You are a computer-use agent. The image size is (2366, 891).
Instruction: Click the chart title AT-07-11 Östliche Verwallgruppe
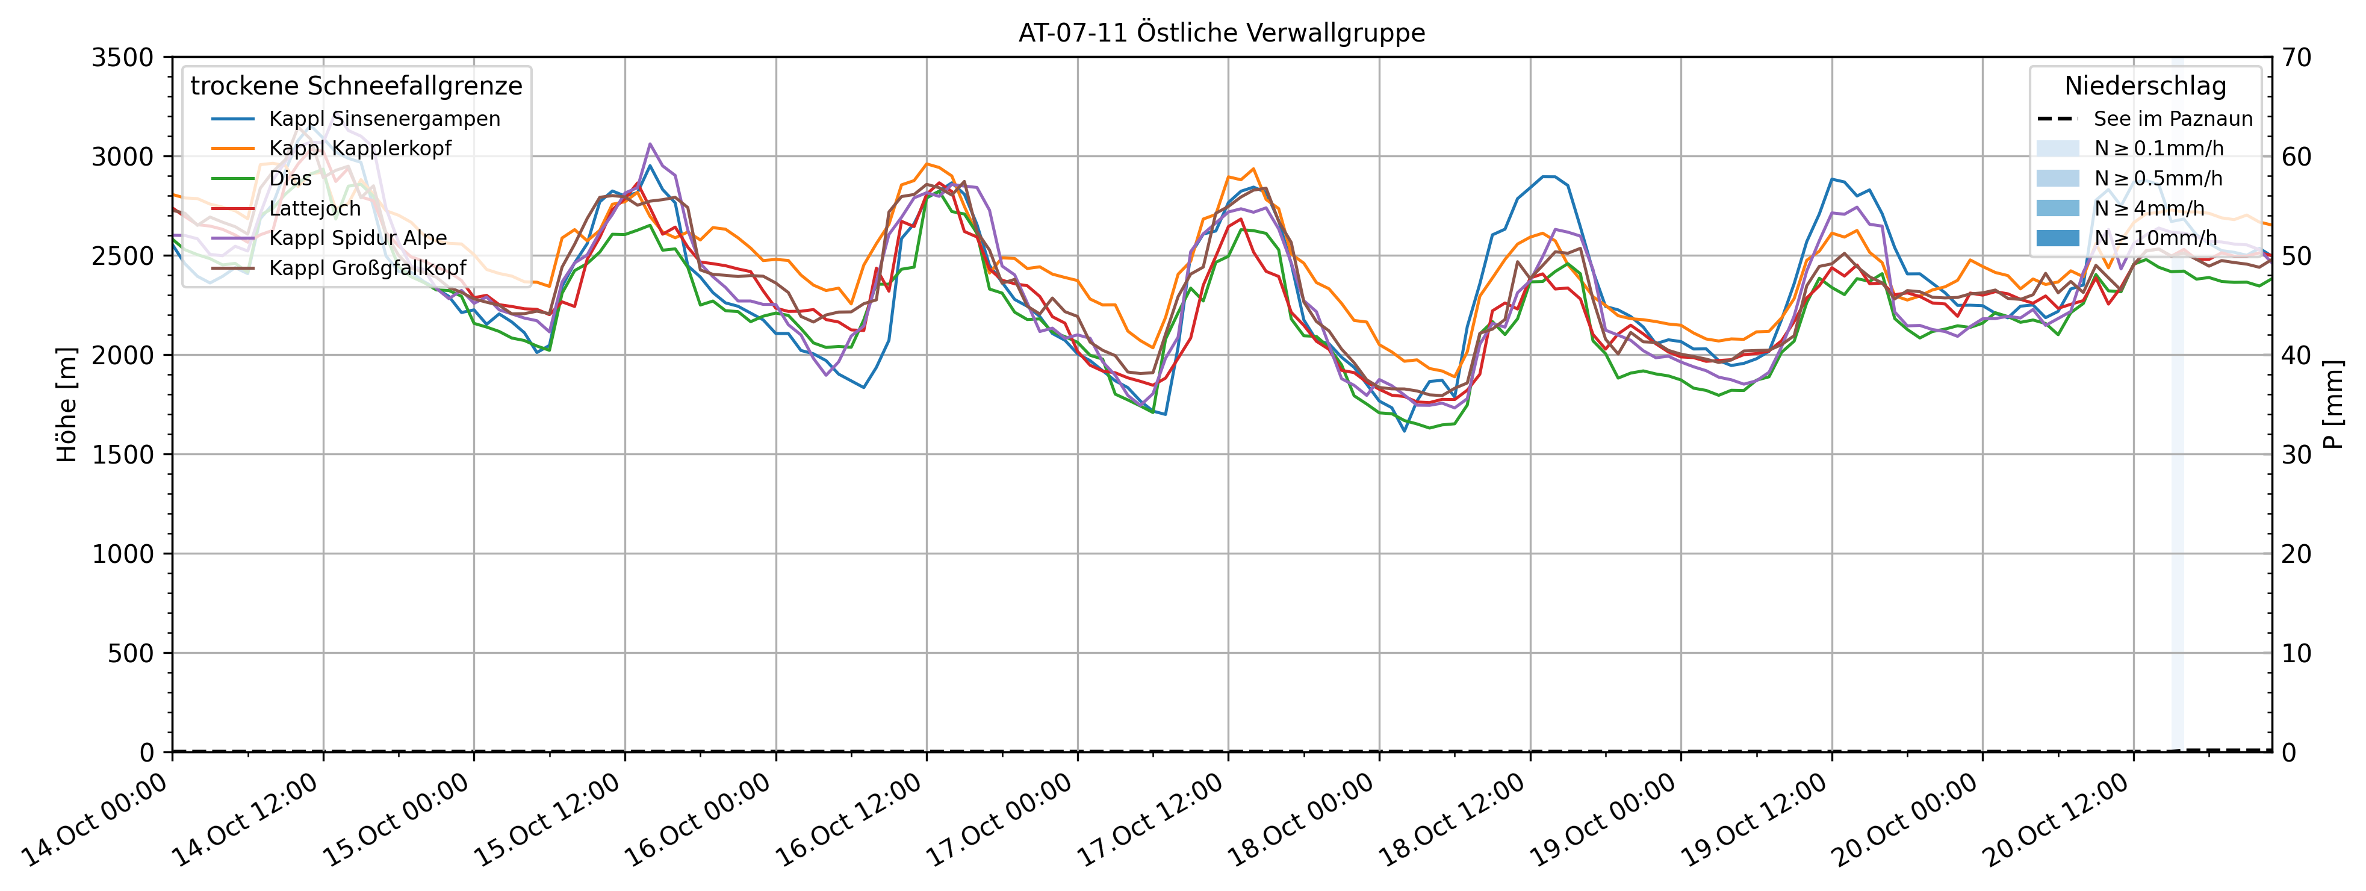tap(1222, 33)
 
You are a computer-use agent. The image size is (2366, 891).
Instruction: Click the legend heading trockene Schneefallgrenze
tap(356, 86)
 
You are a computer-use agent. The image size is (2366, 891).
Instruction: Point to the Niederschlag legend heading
tap(2146, 86)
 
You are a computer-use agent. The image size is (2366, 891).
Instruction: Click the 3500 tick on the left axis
tap(122, 58)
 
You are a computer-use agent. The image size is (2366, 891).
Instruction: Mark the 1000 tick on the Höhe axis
tap(122, 554)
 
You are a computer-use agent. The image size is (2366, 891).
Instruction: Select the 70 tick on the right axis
tap(2297, 58)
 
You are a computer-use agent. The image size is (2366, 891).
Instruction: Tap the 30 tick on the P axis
tap(2297, 455)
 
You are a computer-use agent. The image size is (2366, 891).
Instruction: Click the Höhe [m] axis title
tap(67, 404)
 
